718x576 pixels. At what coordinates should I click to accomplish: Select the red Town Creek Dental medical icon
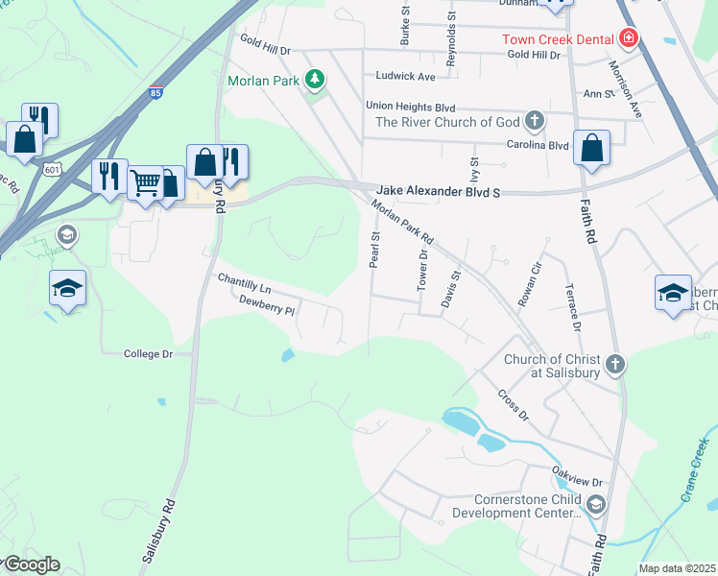(x=629, y=39)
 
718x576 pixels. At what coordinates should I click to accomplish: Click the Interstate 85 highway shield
(x=156, y=93)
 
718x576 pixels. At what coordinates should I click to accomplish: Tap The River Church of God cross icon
(x=534, y=122)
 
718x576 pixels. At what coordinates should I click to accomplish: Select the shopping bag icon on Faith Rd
(x=592, y=148)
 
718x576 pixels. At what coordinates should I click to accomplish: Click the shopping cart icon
(x=144, y=180)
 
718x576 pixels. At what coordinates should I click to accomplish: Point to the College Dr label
(x=148, y=354)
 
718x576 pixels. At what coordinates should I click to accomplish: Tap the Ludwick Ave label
(x=405, y=76)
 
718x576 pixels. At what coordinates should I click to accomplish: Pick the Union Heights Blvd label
(x=410, y=107)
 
